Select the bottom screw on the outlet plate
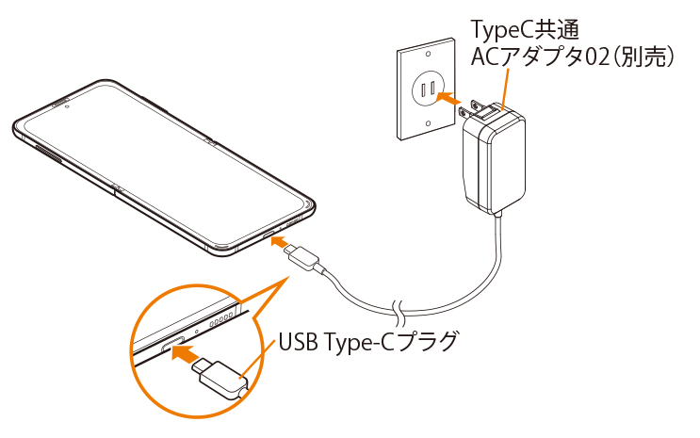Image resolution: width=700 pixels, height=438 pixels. (x=431, y=123)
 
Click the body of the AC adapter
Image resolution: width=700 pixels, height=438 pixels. (x=497, y=160)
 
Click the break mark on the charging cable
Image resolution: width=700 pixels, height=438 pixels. (x=400, y=308)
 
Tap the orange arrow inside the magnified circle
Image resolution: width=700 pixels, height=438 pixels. (x=186, y=354)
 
